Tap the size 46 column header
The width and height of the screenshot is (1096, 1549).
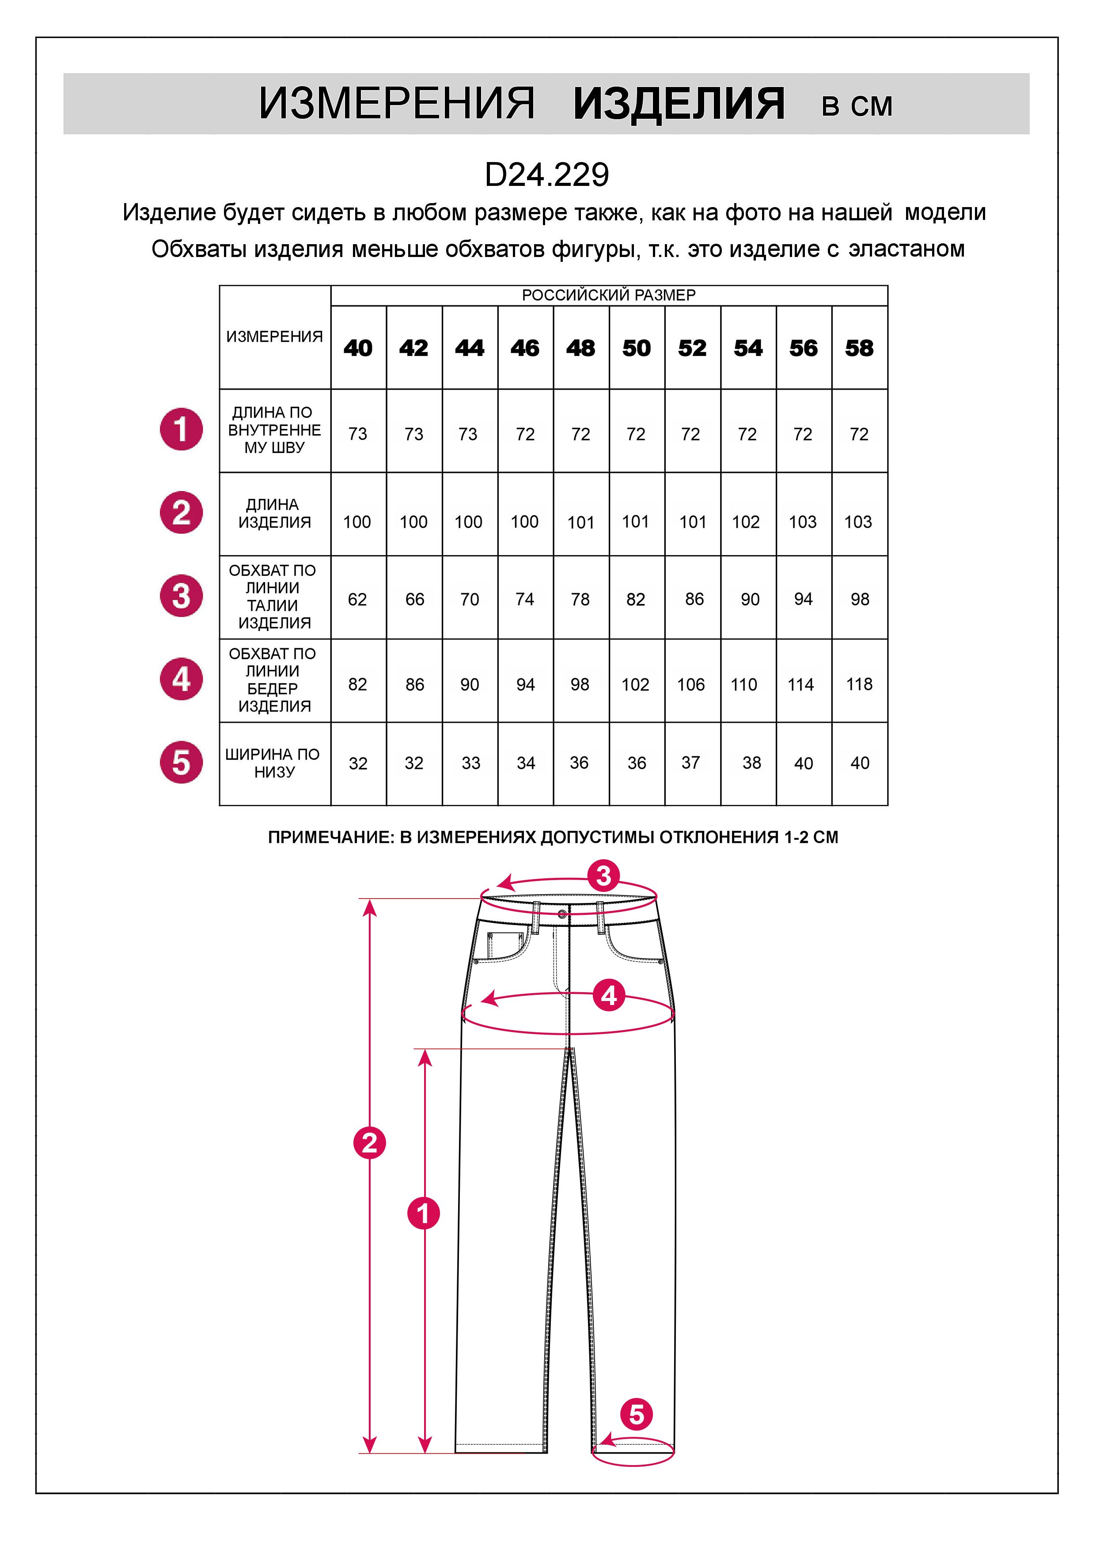click(x=525, y=348)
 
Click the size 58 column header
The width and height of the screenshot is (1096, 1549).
click(x=859, y=348)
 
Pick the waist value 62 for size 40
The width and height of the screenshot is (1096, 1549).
click(x=357, y=599)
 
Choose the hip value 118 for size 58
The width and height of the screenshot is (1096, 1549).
click(x=859, y=684)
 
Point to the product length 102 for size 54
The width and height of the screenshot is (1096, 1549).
click(x=746, y=521)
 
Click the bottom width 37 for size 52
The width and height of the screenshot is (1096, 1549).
click(x=690, y=762)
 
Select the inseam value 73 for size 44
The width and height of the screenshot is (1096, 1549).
click(x=468, y=434)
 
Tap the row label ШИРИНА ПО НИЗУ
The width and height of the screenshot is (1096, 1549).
click(x=273, y=763)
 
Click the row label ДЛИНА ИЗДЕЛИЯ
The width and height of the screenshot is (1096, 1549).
click(x=273, y=514)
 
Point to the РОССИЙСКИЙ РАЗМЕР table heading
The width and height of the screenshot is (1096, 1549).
click(x=609, y=295)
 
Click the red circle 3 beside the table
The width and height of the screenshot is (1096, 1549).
click(x=181, y=596)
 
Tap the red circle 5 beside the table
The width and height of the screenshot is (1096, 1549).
click(x=181, y=762)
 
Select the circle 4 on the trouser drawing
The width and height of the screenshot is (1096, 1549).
click(x=609, y=996)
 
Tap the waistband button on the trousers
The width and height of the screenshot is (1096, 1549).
click(x=563, y=914)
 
